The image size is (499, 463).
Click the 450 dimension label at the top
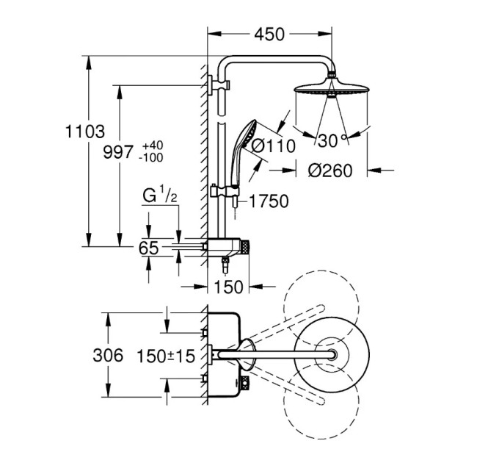click(269, 35)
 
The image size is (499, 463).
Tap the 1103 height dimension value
click(84, 132)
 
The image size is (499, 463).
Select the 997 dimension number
click(117, 152)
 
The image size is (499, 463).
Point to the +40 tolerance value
click(153, 146)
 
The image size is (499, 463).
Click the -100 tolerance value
click(151, 157)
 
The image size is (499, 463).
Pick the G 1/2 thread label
click(159, 195)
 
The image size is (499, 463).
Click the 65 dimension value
click(148, 248)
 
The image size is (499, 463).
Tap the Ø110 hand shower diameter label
click(274, 146)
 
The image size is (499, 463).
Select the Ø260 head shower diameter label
click(330, 171)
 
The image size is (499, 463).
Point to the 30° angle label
click(331, 140)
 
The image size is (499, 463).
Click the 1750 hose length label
click(269, 201)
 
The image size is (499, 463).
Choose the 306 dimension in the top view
click(108, 355)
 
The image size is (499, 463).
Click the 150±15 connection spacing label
click(166, 356)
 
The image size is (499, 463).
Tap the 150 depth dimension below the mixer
click(228, 287)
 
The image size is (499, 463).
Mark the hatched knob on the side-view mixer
click(245, 247)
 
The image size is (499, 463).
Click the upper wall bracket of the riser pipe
click(219, 85)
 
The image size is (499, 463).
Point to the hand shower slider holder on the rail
click(224, 191)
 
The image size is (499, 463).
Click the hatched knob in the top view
click(244, 382)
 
